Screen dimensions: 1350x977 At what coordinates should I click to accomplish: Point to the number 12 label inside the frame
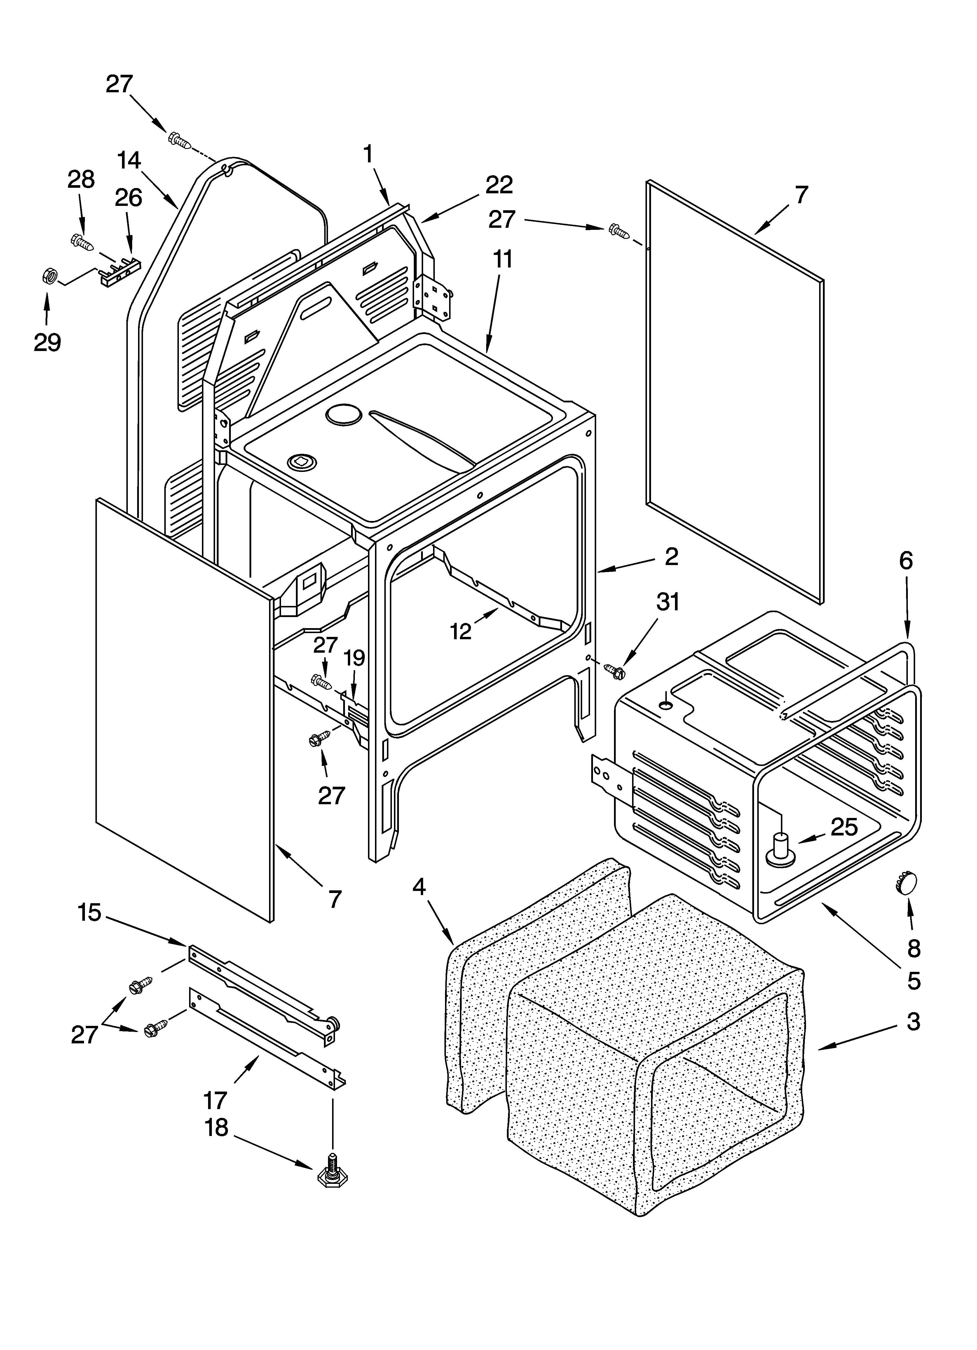[x=461, y=631]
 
